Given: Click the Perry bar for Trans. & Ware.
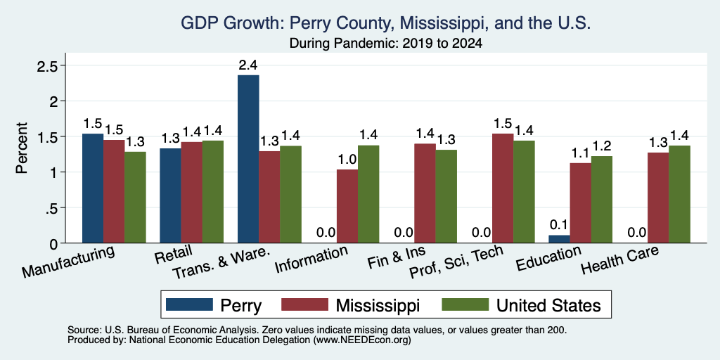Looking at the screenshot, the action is click(248, 159).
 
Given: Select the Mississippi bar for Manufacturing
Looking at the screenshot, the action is click(114, 191).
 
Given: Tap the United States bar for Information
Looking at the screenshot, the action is click(368, 194).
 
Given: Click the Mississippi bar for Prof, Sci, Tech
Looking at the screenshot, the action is click(503, 188).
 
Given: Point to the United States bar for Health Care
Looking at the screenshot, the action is click(680, 194).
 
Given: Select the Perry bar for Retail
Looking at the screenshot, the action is click(170, 195).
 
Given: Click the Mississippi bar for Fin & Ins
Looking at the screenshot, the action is click(425, 193).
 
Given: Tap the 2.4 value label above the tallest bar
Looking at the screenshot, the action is click(248, 65).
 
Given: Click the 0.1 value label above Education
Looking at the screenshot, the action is click(559, 226).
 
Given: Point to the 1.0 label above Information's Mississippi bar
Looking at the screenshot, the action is click(347, 160).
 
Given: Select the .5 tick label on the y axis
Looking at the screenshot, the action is click(51, 208).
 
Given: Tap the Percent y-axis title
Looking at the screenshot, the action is click(22, 148).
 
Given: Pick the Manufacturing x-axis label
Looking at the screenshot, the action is click(67, 262).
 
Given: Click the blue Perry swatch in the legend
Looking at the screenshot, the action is click(190, 304).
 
